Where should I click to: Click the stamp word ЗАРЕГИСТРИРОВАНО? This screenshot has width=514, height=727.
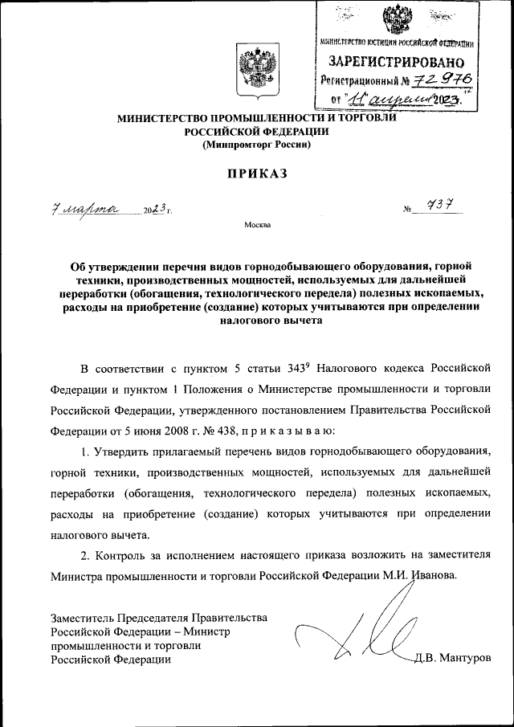(x=396, y=61)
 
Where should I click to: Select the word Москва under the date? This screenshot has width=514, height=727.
(x=257, y=225)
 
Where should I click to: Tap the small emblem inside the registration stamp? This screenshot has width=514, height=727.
(x=396, y=18)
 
